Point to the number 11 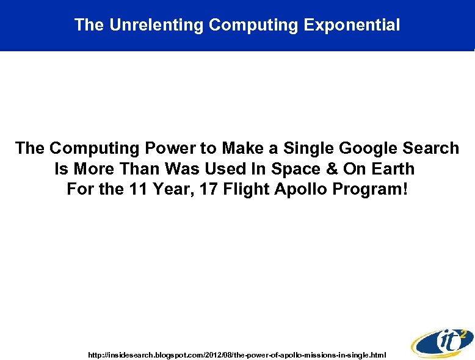[137, 190]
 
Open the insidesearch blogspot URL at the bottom [237, 355]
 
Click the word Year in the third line [171, 190]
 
